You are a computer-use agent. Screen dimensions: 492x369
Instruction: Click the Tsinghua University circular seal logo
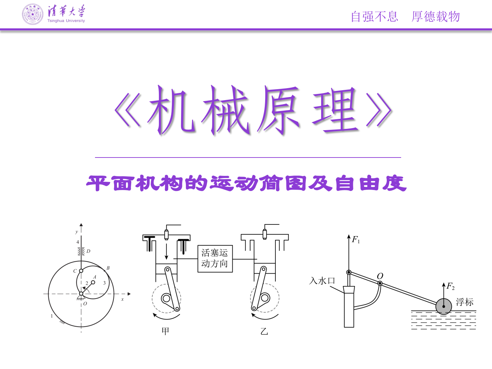[33, 14]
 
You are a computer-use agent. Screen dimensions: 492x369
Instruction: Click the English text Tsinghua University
[66, 20]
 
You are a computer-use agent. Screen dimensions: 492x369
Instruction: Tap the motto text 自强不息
[374, 17]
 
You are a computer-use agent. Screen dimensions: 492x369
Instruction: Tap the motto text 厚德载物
[436, 17]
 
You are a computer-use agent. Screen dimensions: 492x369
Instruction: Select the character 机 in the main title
[171, 110]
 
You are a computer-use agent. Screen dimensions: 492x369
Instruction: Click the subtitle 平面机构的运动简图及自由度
[246, 183]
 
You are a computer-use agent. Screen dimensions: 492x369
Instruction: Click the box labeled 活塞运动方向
[215, 259]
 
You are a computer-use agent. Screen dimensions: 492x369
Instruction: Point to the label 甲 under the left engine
[165, 331]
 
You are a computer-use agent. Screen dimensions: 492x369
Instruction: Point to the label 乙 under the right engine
[264, 331]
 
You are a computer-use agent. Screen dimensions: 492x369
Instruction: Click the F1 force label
[356, 240]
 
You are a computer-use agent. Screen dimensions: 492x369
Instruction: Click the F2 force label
[450, 286]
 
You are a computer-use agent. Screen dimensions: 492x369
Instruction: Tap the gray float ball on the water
[443, 306]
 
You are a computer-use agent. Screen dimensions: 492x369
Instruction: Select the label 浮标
[465, 302]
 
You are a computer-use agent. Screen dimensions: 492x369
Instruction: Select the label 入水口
[322, 281]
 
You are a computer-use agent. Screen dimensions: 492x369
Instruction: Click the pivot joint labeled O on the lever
[380, 284]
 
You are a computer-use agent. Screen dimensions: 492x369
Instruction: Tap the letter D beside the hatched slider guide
[88, 251]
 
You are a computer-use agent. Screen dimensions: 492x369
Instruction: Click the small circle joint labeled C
[81, 271]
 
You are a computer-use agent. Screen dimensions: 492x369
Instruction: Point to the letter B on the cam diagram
[108, 268]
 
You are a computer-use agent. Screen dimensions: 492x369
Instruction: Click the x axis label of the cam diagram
[122, 299]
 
